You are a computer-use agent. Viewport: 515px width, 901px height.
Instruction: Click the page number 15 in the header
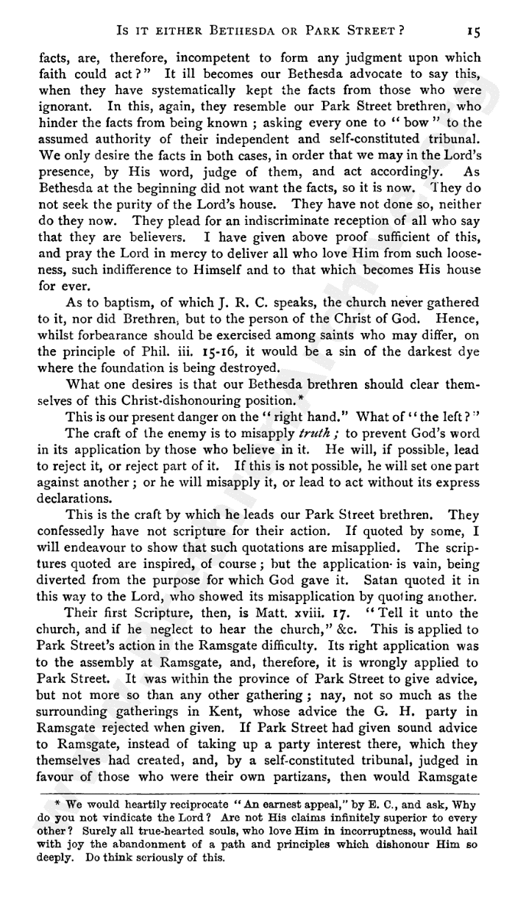coord(473,31)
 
